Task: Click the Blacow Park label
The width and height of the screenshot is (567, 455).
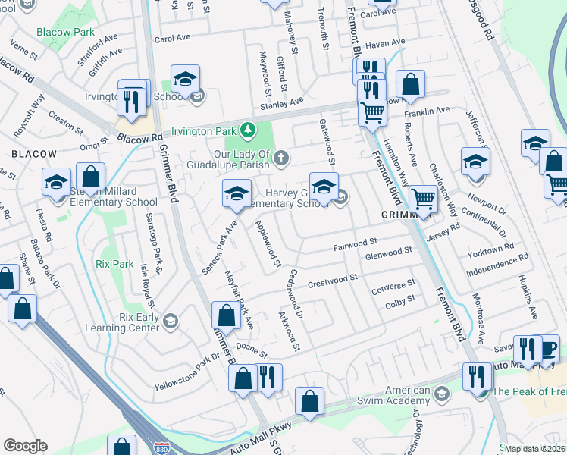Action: (x=66, y=32)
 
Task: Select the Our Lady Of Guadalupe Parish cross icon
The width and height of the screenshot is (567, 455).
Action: (x=281, y=158)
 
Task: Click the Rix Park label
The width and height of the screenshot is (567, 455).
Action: (x=115, y=265)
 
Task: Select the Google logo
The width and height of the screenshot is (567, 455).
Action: (x=25, y=446)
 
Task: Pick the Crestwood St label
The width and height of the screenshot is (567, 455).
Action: (x=332, y=281)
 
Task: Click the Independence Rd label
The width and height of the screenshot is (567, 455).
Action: (x=497, y=266)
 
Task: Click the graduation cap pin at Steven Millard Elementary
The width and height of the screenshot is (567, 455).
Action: (x=56, y=183)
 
